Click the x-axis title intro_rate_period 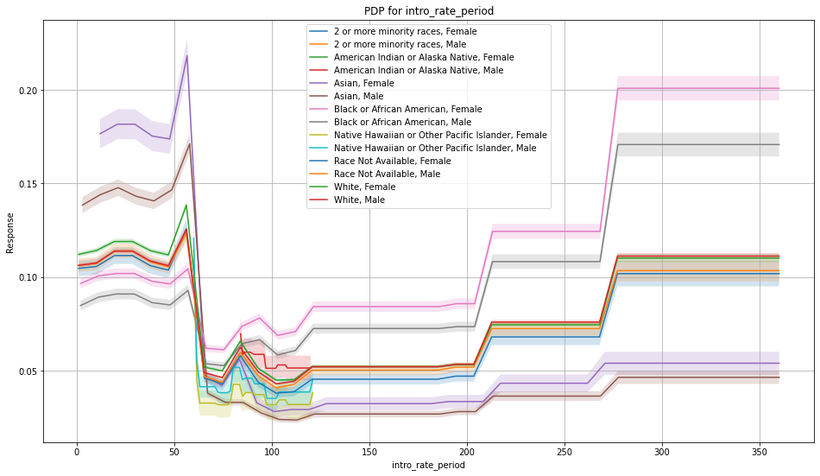(429, 465)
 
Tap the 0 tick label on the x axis (77, 451)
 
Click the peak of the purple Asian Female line (187, 55)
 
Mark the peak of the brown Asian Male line (189, 143)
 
